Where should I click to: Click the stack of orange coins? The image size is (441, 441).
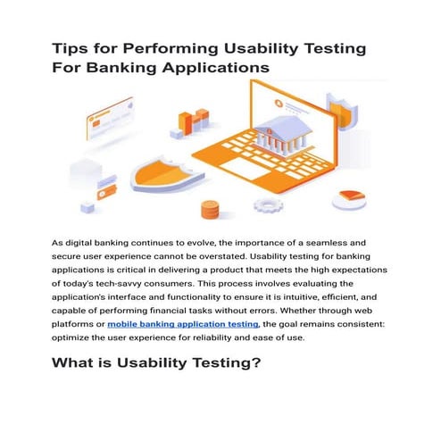(x=211, y=211)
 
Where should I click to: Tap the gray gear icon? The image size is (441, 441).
(x=266, y=204)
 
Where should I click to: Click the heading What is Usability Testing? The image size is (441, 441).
(x=155, y=363)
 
